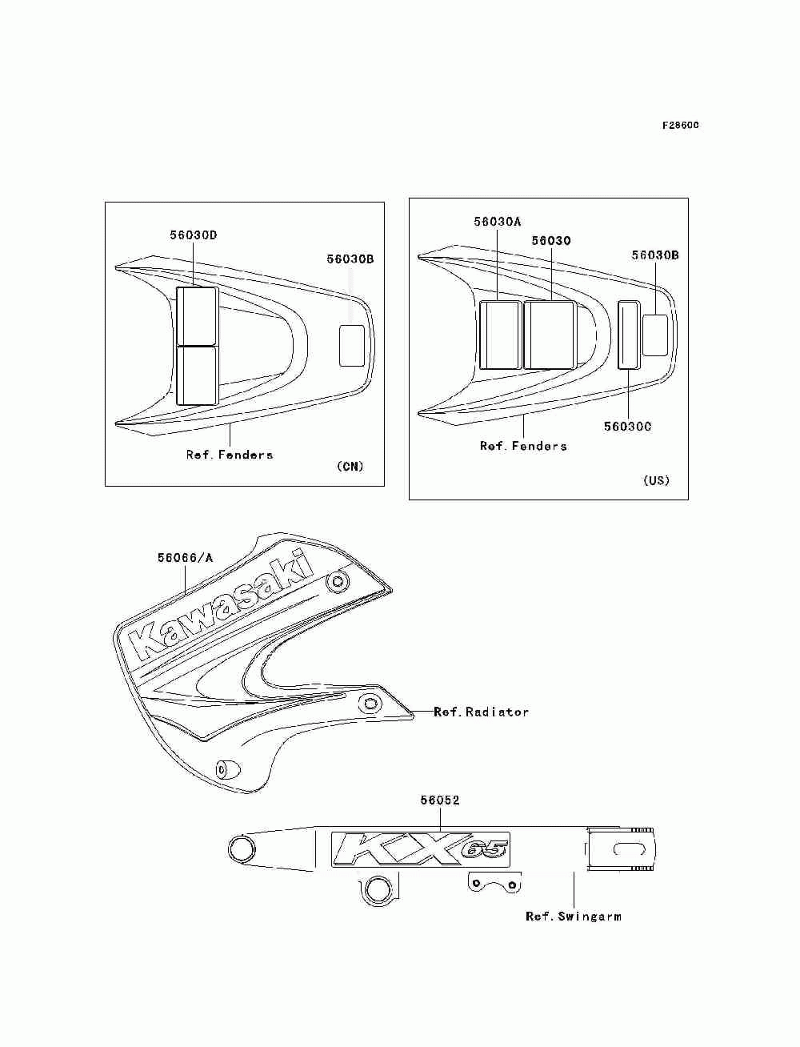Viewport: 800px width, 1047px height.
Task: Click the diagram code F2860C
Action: tap(680, 125)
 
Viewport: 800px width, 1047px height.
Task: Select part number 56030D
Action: tap(194, 235)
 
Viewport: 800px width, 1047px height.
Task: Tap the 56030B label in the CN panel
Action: tap(350, 259)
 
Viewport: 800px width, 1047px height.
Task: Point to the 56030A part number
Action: tap(498, 222)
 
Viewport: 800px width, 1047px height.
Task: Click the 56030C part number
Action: tap(627, 427)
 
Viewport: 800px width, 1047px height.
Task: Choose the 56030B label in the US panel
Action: tap(655, 255)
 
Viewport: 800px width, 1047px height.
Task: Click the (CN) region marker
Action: tap(350, 467)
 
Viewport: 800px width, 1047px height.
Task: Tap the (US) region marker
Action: tap(657, 480)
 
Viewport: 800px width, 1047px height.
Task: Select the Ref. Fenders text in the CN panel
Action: tap(230, 455)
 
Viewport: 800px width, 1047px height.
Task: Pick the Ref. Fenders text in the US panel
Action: tap(523, 446)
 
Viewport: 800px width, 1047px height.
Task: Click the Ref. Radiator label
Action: tap(482, 712)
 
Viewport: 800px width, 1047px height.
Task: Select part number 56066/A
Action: tap(186, 558)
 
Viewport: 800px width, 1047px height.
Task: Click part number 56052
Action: tap(440, 800)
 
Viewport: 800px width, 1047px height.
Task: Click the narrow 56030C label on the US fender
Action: tap(629, 335)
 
